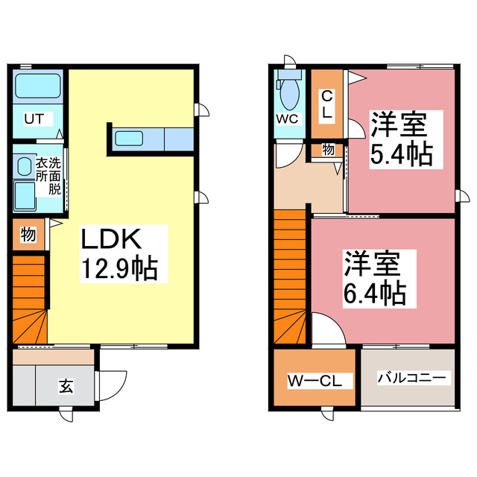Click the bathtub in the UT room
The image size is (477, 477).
coord(37,88)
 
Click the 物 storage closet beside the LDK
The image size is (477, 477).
coord(28,235)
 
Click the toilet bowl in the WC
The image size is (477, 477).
coord(288,94)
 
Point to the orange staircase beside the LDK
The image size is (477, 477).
coord(28,298)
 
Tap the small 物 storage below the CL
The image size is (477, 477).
coord(328,150)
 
